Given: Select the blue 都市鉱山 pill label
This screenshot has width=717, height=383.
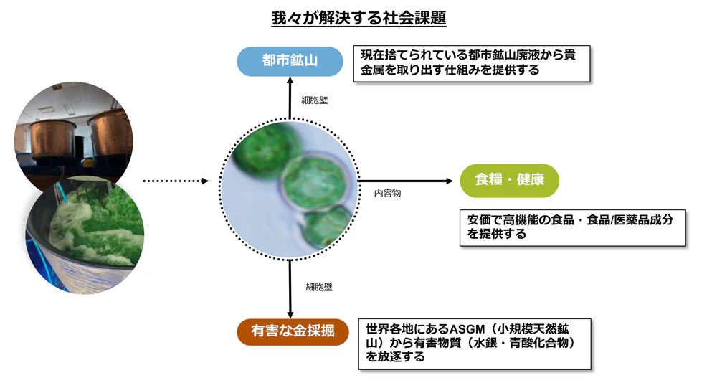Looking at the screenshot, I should (290, 60).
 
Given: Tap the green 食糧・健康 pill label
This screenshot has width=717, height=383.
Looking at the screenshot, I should (509, 179).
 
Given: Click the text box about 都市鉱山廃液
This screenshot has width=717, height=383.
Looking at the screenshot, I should (472, 62).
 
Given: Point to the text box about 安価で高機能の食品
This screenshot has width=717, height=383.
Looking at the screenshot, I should (571, 227).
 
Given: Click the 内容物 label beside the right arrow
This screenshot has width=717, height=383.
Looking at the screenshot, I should (387, 194).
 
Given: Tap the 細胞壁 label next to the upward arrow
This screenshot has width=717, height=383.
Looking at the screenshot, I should (314, 100).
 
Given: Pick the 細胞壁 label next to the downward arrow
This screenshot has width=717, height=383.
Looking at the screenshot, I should (318, 287).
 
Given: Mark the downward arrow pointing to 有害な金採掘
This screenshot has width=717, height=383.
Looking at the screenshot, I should (290, 287).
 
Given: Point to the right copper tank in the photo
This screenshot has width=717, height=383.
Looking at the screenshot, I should (110, 136).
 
